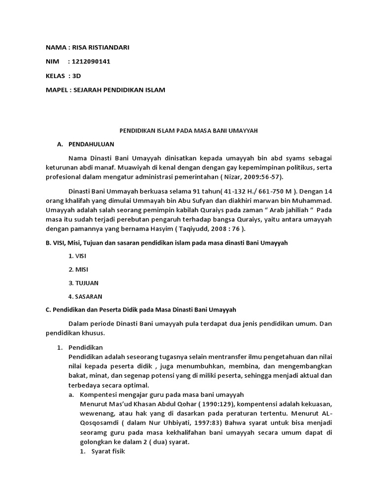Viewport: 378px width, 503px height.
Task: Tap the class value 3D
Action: pyautogui.click(x=76, y=76)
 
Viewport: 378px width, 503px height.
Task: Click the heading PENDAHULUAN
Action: pyautogui.click(x=91, y=144)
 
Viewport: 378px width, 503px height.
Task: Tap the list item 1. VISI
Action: pyautogui.click(x=77, y=256)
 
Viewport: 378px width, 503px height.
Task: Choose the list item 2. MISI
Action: pyautogui.click(x=78, y=270)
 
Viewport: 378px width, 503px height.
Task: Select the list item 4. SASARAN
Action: pyautogui.click(x=86, y=296)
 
